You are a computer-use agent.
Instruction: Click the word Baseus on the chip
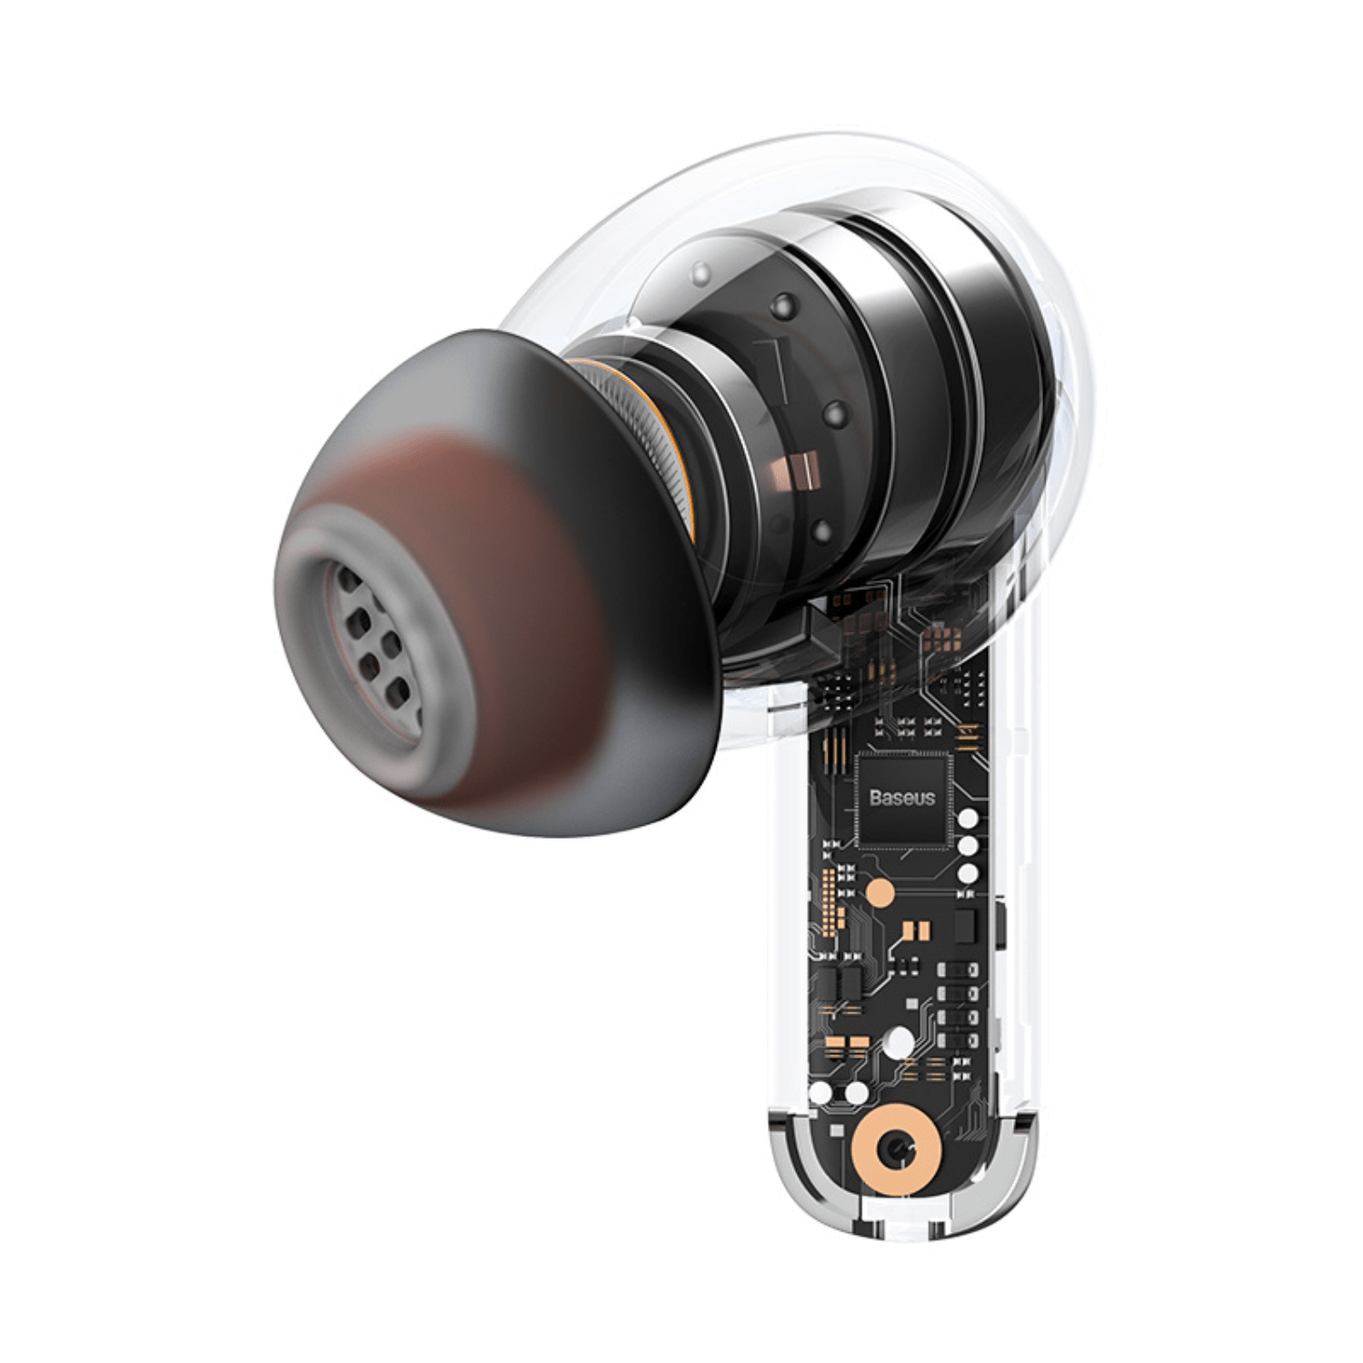coord(901,798)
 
